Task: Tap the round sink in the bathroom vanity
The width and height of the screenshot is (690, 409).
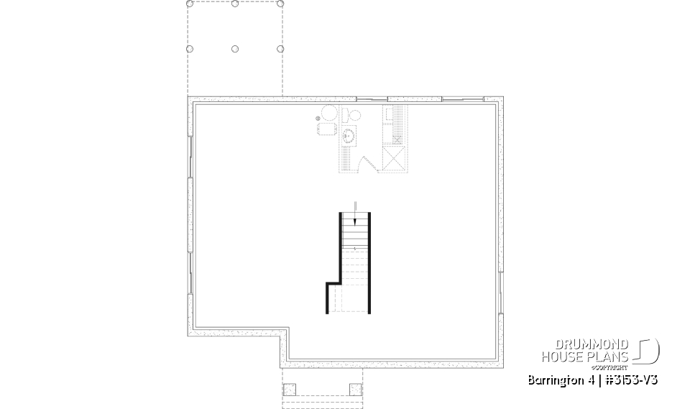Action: click(x=351, y=134)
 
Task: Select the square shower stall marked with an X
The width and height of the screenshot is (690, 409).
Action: click(x=394, y=160)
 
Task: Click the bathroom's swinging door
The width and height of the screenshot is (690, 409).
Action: click(x=365, y=165)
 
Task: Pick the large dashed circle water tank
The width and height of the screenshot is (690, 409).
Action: click(x=329, y=114)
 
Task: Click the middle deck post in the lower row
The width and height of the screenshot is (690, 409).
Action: click(x=236, y=49)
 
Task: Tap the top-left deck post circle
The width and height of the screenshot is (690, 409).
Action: click(x=190, y=4)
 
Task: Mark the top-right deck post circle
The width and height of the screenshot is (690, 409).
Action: click(x=280, y=4)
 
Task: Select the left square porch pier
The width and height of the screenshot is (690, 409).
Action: click(x=290, y=390)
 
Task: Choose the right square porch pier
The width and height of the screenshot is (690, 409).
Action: click(x=354, y=390)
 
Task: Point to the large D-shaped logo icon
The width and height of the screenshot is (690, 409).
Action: click(x=648, y=350)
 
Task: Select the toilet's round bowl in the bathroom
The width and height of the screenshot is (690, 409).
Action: click(x=354, y=115)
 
